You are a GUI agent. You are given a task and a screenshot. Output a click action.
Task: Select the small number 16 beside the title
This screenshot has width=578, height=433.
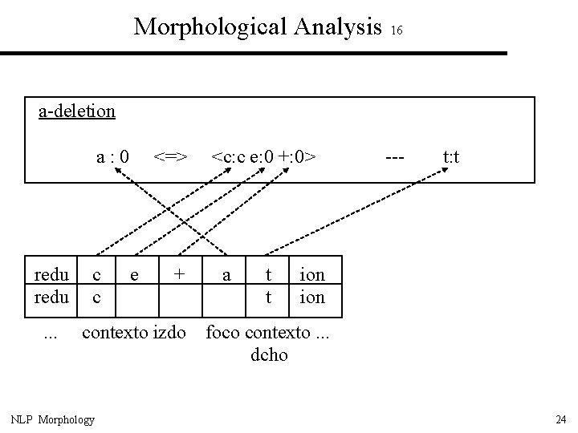coord(397,30)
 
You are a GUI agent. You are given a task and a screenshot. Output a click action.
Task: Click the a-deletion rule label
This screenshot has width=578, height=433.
coord(77,111)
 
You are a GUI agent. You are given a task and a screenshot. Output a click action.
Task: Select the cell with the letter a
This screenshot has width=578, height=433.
coord(227,274)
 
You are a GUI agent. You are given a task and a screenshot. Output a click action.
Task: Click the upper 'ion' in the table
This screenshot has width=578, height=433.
coord(311,274)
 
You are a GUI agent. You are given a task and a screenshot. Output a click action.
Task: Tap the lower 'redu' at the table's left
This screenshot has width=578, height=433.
coord(51,297)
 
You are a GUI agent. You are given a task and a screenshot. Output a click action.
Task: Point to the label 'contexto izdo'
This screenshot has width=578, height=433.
coord(134,331)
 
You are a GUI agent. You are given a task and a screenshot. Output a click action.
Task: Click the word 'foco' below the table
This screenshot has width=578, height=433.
coord(225,331)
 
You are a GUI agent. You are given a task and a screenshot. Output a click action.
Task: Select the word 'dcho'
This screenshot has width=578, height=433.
coord(269,354)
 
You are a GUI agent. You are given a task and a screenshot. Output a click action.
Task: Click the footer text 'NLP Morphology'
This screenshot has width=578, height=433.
coord(52,419)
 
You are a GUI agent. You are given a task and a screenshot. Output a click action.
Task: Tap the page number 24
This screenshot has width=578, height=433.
coord(560,419)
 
